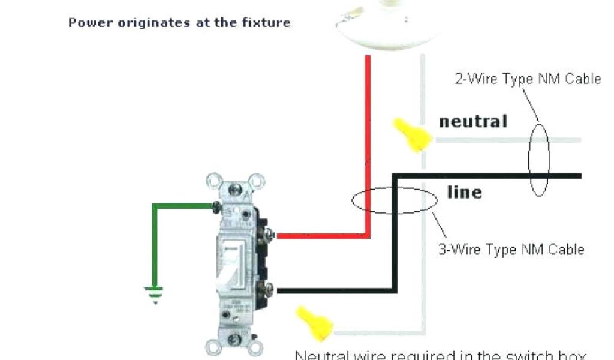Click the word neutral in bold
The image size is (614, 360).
473,121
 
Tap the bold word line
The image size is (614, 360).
464,192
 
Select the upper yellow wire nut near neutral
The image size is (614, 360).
413,134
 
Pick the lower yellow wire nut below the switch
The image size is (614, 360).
315,322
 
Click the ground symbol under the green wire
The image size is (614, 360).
154,294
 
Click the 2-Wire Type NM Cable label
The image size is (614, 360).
528,79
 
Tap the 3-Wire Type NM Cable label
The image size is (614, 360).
511,249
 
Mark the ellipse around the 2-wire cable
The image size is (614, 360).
538,159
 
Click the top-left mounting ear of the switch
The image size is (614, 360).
212,181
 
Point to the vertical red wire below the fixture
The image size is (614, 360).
366,144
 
